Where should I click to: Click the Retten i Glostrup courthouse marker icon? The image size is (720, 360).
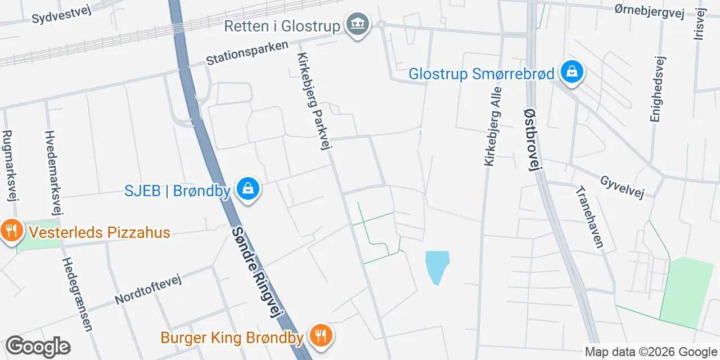358,24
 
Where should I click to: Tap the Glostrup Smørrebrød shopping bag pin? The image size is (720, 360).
571,72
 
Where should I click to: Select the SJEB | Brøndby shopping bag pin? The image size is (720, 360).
247,189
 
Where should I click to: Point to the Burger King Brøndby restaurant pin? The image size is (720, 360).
321,336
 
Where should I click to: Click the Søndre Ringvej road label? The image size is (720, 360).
256,272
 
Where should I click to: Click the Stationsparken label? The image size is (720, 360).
247,53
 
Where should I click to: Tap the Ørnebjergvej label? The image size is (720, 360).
649,11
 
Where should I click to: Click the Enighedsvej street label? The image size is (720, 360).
657,89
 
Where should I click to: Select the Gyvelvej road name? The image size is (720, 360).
622,187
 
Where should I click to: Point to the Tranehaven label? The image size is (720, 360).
589,217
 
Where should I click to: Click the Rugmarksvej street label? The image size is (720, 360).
9,165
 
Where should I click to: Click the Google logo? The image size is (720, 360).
38,347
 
